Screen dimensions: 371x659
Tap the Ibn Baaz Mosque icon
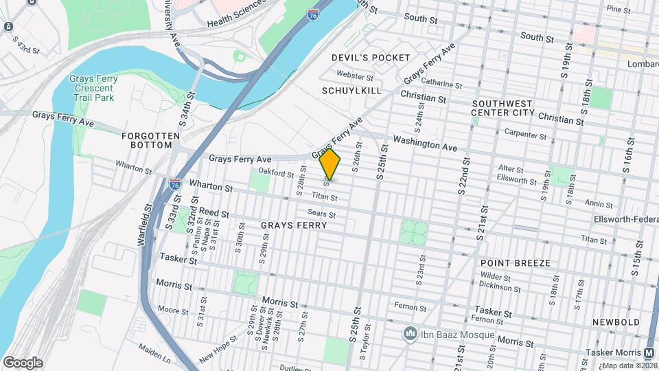pos(411,334)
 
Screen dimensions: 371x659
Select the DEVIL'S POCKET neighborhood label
pos(371,58)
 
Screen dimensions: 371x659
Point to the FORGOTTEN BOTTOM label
pos(146,140)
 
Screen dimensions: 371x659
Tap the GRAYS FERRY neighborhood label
pos(293,225)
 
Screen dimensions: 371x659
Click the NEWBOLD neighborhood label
pos(616,322)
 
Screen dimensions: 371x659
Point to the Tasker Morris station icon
pos(649,352)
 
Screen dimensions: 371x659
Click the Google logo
pos(23,363)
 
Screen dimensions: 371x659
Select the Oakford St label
pos(276,173)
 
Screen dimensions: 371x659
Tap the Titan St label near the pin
pos(324,197)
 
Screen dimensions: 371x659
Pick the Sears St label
pos(321,214)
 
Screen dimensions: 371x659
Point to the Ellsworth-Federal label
pos(625,220)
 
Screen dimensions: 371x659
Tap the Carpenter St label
pos(524,133)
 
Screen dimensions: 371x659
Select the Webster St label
pos(355,76)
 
